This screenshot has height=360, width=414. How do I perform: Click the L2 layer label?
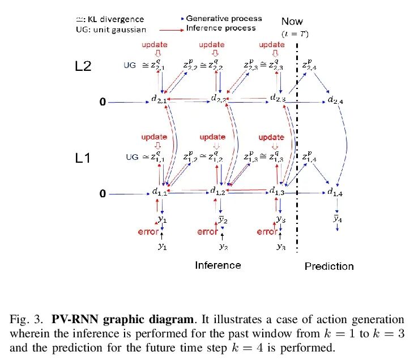83,66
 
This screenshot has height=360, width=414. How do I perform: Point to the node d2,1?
159,100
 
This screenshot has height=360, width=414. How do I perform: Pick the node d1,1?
159,192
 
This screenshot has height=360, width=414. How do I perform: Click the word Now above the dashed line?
292,22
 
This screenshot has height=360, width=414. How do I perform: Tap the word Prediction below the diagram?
328,266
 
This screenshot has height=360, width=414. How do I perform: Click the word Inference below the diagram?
218,265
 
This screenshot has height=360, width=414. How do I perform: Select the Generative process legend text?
224,19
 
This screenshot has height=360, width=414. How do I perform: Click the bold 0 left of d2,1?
103,102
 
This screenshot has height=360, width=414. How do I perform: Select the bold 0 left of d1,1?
103,194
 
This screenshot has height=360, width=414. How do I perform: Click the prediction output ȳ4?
337,218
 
